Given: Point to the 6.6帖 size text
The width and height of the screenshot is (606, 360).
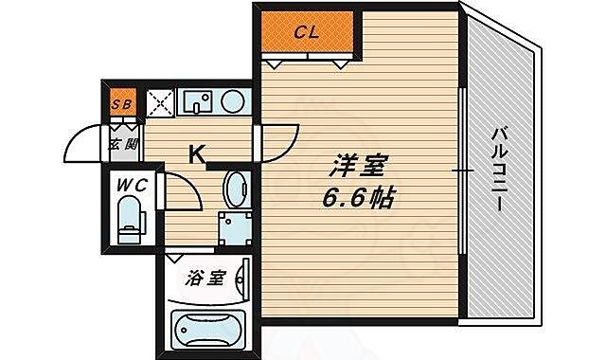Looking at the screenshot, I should [x=358, y=200].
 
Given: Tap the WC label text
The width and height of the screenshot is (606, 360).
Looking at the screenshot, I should [x=131, y=186].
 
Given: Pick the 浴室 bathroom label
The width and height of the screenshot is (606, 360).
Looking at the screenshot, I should [x=204, y=279].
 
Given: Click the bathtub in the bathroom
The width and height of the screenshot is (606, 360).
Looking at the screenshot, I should [x=207, y=328].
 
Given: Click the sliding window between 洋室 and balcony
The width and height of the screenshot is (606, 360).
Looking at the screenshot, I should [x=461, y=171].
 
